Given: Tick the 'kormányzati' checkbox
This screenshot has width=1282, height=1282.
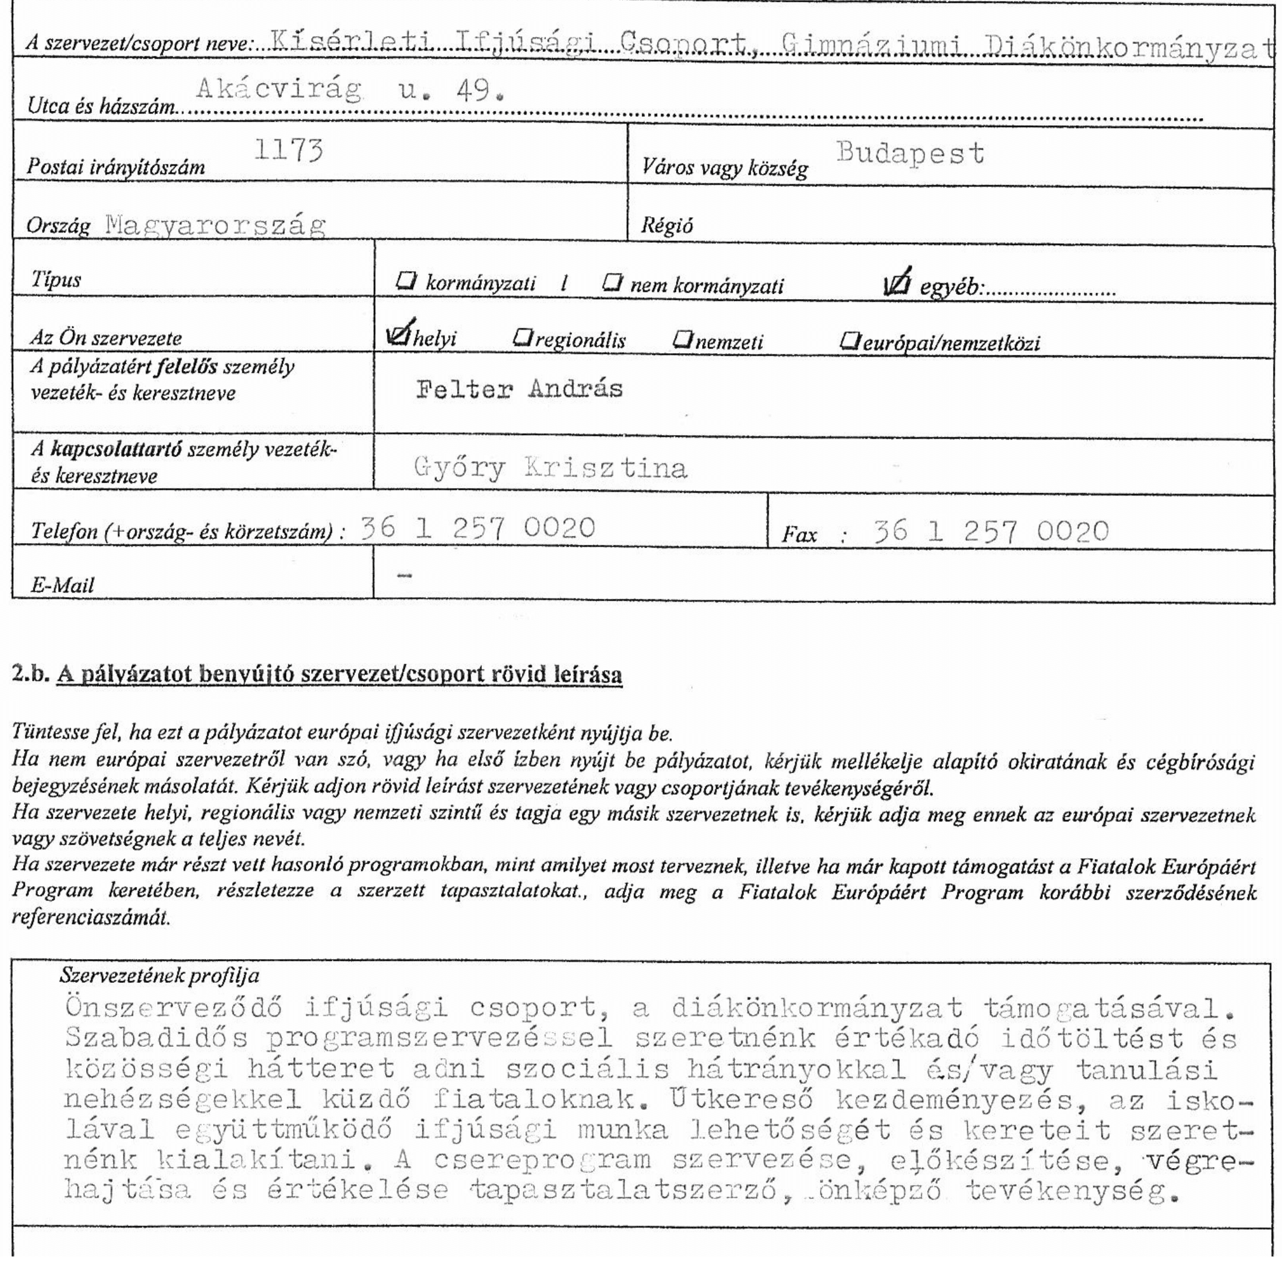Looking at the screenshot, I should coord(405,281).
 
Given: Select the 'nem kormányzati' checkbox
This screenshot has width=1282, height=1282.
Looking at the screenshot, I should coord(611,283).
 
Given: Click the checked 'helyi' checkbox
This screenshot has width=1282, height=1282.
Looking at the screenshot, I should coord(399,336).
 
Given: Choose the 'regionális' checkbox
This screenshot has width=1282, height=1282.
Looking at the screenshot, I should coord(523,338).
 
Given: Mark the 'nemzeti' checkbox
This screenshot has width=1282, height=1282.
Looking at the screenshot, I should coord(682,339).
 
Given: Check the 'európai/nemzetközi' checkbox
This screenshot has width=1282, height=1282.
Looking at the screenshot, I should coord(849,341).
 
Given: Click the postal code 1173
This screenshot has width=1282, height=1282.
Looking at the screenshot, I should coord(288,151).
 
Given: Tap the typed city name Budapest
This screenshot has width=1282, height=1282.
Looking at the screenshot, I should coord(910,153).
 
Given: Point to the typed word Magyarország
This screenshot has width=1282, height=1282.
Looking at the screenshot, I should coord(215,226).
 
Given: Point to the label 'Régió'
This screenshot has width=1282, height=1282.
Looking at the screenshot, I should coord(666,226).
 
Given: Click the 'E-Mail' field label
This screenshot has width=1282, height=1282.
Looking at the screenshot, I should coord(62,585).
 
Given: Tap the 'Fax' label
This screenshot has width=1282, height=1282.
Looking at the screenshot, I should coord(799,534).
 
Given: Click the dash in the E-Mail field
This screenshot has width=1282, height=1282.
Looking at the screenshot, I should coord(404,575).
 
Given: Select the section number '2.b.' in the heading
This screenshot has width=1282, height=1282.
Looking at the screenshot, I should coord(30,674).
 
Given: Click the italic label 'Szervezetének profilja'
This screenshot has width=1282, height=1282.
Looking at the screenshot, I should coord(159,975).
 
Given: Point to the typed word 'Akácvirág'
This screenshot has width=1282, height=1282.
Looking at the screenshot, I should coord(280,90).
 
